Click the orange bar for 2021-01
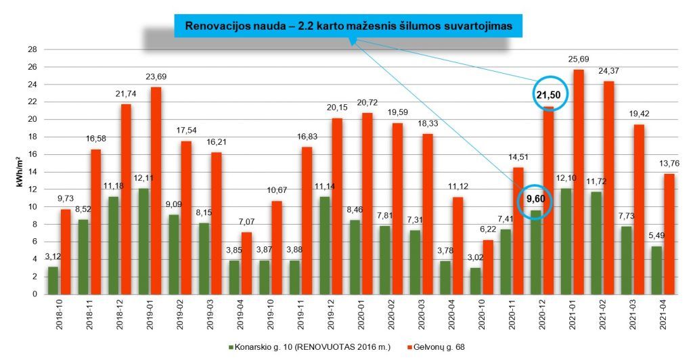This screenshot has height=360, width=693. click(x=579, y=182)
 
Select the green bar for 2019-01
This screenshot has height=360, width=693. click(x=143, y=241)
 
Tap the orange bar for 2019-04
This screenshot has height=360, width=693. click(x=246, y=263)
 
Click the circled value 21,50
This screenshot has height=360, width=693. click(x=548, y=95)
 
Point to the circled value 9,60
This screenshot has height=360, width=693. click(x=536, y=199)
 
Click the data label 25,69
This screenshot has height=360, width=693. click(x=579, y=59)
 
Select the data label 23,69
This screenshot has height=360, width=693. click(x=156, y=77)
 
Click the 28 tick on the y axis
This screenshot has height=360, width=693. click(x=32, y=49)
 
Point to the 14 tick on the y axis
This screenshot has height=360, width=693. click(x=32, y=172)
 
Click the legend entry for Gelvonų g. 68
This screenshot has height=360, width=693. click(x=435, y=347)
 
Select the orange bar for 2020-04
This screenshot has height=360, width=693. click(x=457, y=246)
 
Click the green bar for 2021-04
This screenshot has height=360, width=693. click(x=656, y=270)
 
